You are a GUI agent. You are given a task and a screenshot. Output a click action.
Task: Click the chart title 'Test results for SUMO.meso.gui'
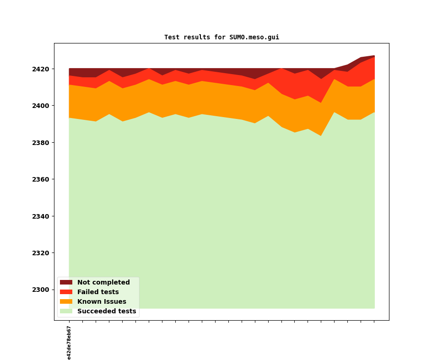(x=221, y=38)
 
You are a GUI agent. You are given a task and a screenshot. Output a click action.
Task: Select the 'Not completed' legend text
(x=103, y=283)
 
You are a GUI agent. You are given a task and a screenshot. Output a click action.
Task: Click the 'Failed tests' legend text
(x=98, y=292)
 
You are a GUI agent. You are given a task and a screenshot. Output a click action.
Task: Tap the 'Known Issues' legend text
(x=102, y=302)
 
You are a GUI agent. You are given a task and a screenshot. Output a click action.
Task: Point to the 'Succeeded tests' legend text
(x=107, y=312)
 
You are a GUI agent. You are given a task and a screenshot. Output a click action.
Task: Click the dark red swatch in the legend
(x=66, y=283)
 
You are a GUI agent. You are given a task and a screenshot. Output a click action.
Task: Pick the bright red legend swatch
(x=66, y=292)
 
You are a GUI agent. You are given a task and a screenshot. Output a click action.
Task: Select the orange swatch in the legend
(x=66, y=302)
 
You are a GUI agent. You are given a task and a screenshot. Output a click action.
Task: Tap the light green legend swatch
(x=66, y=312)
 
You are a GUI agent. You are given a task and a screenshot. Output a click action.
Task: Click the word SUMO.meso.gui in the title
(x=254, y=38)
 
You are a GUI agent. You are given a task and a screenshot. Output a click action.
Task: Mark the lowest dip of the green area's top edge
(x=321, y=136)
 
